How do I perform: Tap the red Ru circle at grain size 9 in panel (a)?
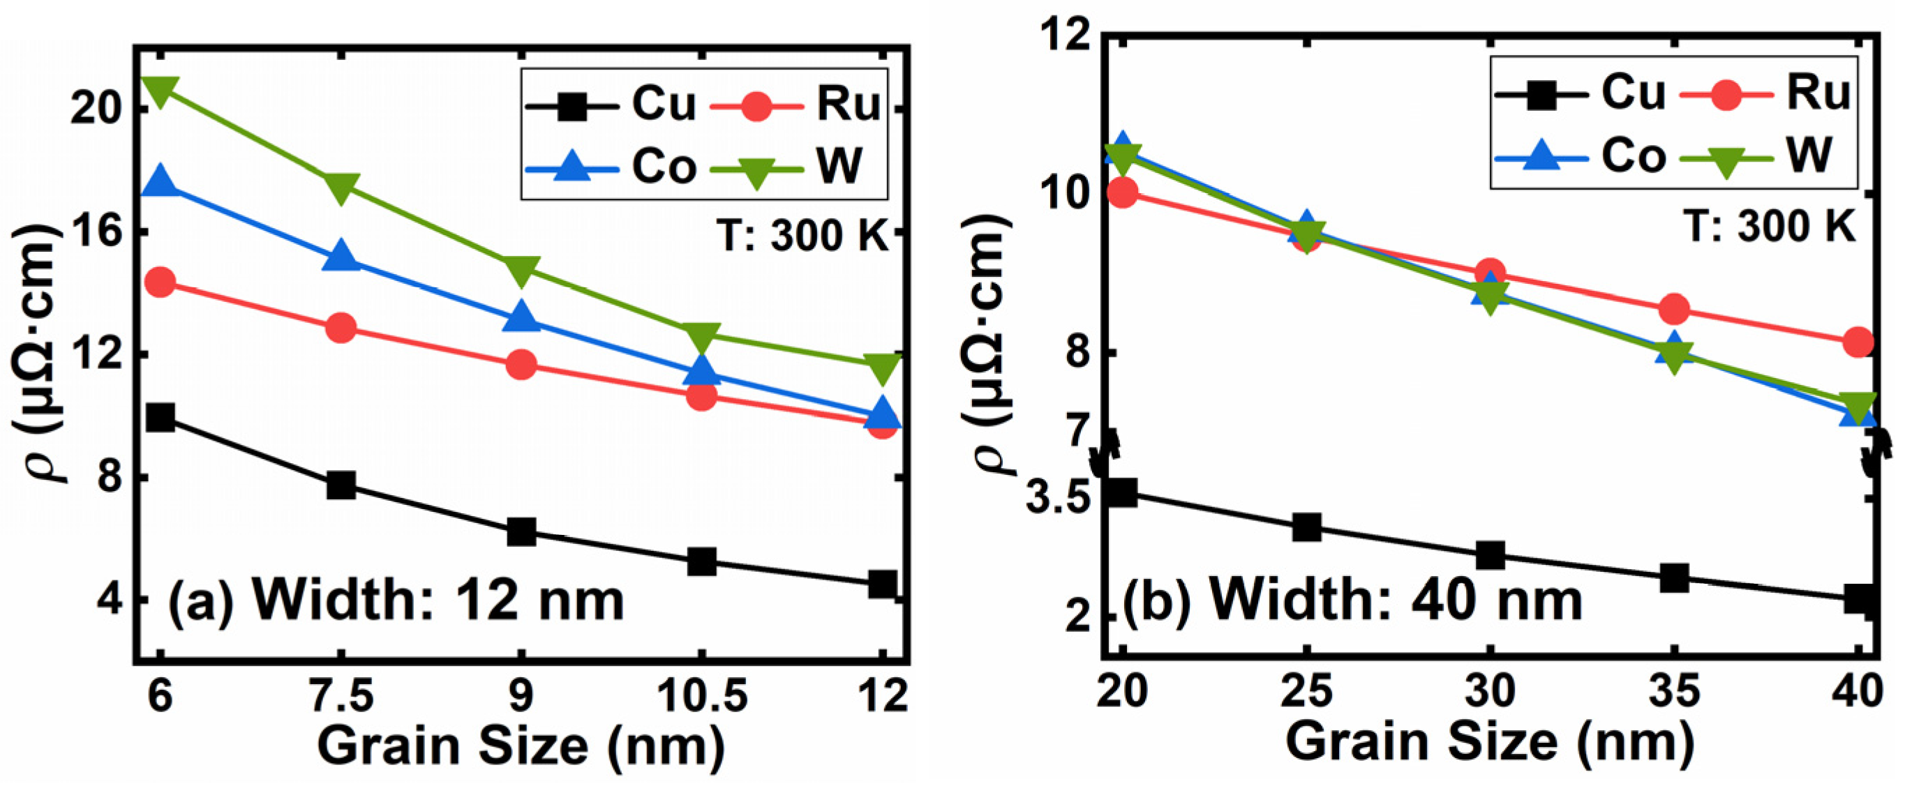(x=521, y=365)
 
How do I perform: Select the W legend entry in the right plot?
(x=1768, y=158)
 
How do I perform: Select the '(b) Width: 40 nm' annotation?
(x=1352, y=600)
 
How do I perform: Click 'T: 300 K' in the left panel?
(x=803, y=236)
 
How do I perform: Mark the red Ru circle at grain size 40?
(x=1858, y=342)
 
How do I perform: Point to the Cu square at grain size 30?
(x=1490, y=555)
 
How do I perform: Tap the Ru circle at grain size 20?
(x=1123, y=194)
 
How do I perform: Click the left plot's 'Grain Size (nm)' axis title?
(x=521, y=746)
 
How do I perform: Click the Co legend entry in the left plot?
(x=610, y=167)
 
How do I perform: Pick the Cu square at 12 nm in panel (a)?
(x=882, y=584)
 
